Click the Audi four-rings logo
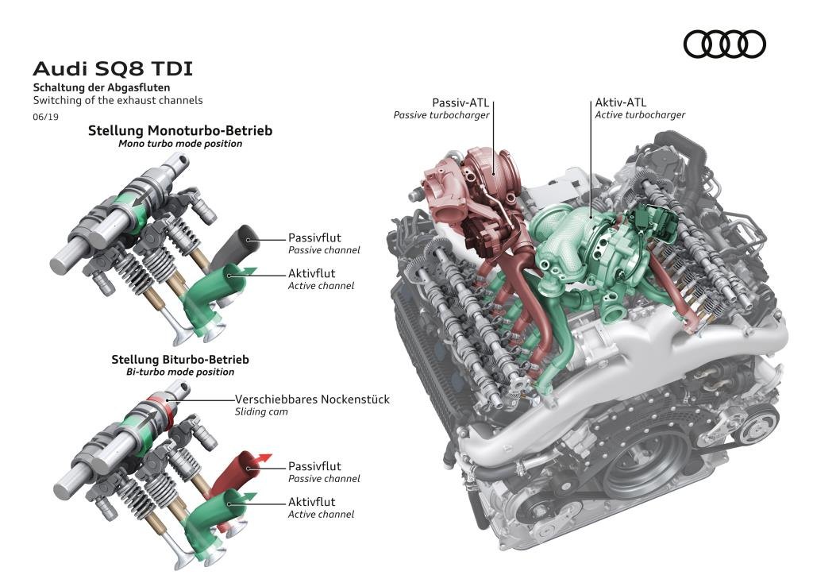pos(724,44)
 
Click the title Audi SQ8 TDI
pos(112,69)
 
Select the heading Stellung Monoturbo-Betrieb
pos(180,130)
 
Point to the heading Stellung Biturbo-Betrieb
pos(180,359)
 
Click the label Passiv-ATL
pos(460,102)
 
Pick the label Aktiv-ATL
pos(621,102)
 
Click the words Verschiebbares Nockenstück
pos(312,399)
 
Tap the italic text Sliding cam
pos(260,412)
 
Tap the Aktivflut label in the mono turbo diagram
pos(311,273)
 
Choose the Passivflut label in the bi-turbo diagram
pos(314,466)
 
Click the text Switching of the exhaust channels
pos(118,101)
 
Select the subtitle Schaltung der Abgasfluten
pos(101,87)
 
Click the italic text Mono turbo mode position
pos(180,144)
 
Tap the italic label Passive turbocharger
pos(441,115)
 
